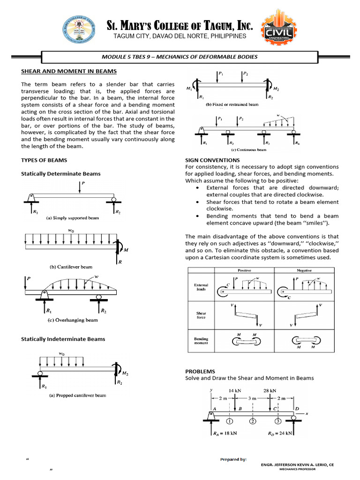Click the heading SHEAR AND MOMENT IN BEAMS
tap(69, 71)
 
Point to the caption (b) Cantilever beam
tap(71, 267)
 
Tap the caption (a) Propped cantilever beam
tap(78, 395)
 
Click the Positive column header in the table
tap(245, 271)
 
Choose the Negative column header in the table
tap(304, 271)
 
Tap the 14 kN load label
tap(234, 390)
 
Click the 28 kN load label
tap(270, 390)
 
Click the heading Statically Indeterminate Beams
tap(63, 339)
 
